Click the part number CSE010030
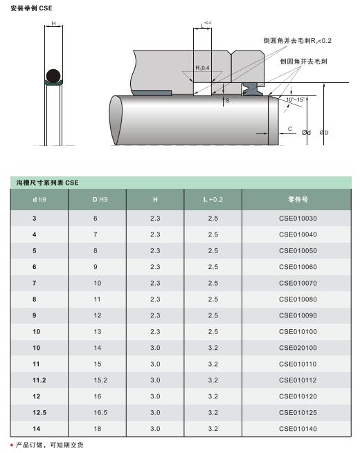click(x=298, y=218)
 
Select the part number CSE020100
click(x=298, y=348)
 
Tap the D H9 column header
click(x=100, y=199)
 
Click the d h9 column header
click(x=39, y=199)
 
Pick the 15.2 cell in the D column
click(x=100, y=380)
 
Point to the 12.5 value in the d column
click(x=39, y=412)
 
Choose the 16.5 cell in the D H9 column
click(x=100, y=412)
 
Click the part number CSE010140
click(x=298, y=428)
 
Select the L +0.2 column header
click(x=213, y=199)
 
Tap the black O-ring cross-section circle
click(x=53, y=76)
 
